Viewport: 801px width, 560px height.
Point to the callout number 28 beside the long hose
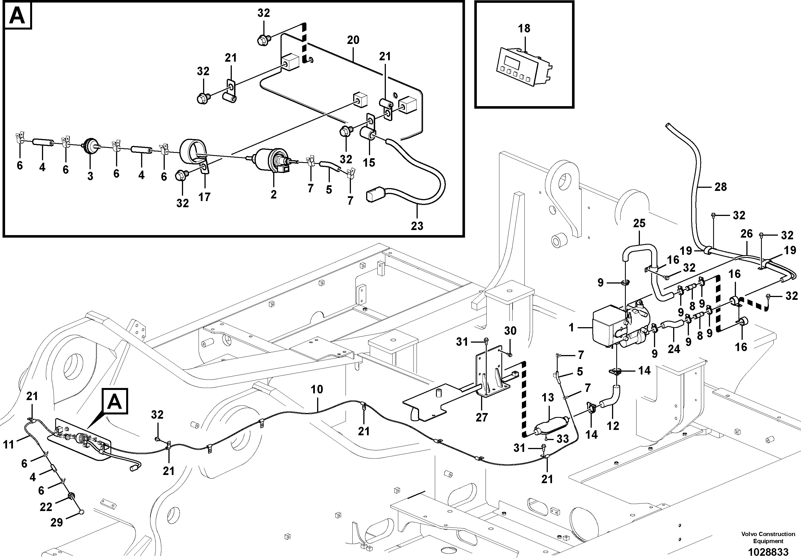[720, 187]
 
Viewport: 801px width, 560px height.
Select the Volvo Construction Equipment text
[768, 537]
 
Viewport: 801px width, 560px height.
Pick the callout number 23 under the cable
[417, 226]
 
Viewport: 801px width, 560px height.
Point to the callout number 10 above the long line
[317, 389]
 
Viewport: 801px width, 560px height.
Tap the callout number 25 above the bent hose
[639, 223]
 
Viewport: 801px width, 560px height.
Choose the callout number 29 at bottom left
[57, 522]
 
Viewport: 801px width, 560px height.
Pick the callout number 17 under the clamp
[204, 197]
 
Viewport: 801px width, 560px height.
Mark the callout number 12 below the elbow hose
[613, 426]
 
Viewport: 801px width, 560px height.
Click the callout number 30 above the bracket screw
[510, 331]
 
